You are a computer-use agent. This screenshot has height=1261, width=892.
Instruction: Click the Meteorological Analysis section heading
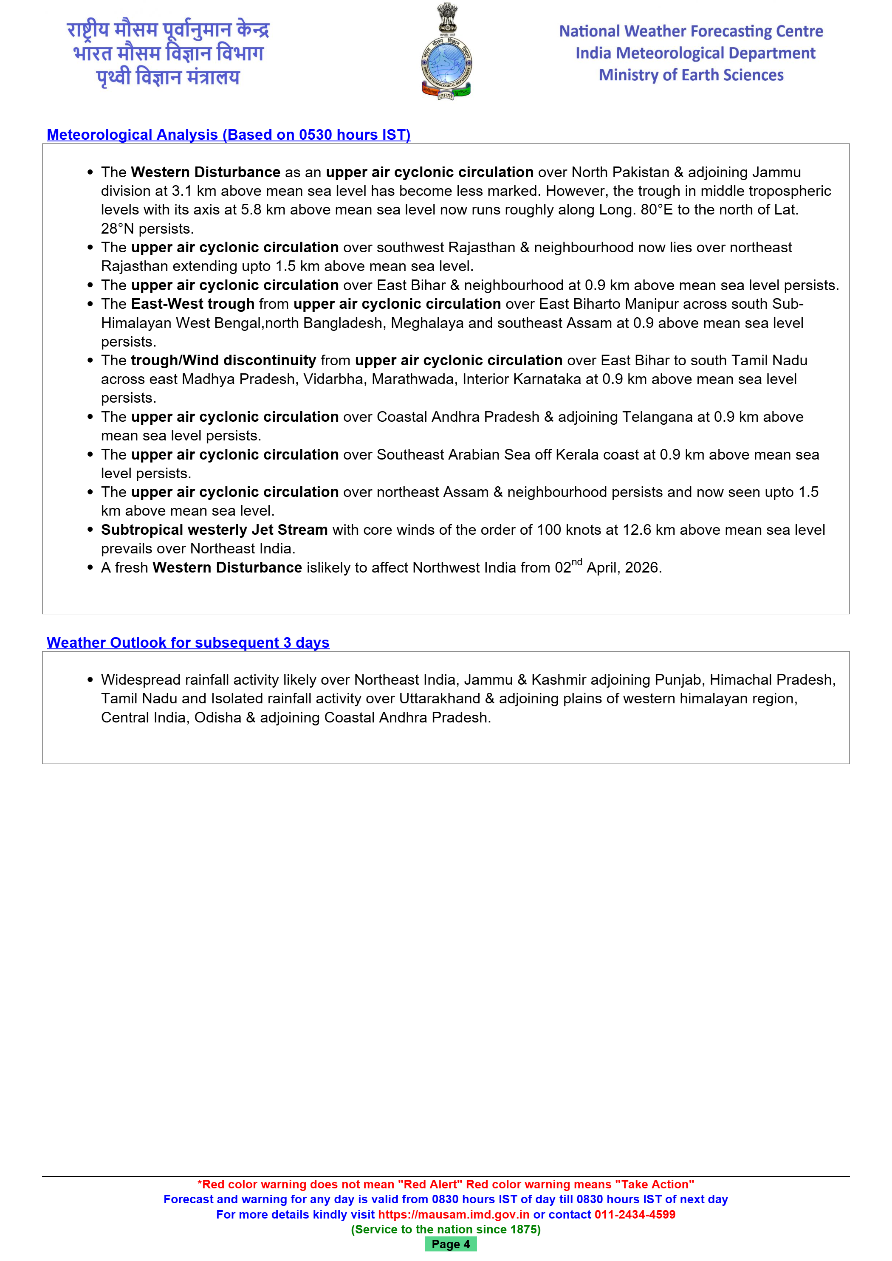click(x=229, y=135)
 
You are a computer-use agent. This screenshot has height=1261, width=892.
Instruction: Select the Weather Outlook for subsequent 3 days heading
click(x=188, y=643)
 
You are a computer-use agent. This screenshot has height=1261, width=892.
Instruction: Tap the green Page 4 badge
click(x=450, y=1244)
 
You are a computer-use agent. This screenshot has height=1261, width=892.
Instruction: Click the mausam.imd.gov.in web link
click(x=454, y=1214)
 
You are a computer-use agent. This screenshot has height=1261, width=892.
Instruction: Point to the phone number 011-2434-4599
click(x=635, y=1214)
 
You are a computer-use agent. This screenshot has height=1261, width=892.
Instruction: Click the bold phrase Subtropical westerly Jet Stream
click(x=214, y=530)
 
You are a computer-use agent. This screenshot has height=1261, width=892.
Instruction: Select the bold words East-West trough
click(x=192, y=304)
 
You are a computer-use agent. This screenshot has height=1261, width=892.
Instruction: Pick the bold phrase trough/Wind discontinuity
click(x=223, y=360)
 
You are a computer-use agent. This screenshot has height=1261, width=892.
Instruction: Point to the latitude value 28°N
click(x=118, y=229)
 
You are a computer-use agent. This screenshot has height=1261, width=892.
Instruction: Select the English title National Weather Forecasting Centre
click(x=691, y=31)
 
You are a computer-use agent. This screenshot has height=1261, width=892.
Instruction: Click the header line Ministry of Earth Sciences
click(x=691, y=75)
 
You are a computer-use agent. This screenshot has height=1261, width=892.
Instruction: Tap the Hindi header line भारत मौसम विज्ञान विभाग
click(x=168, y=53)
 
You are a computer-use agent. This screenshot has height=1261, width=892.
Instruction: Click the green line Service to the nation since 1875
click(x=446, y=1229)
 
